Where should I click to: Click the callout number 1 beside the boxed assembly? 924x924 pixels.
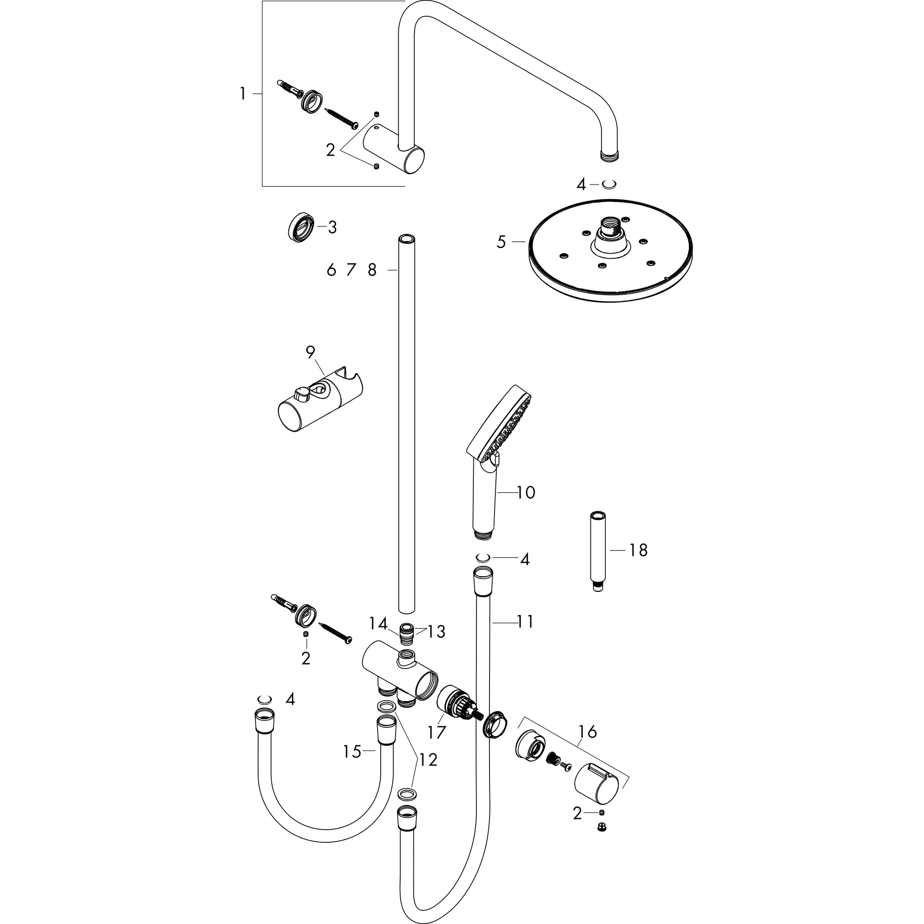click(243, 94)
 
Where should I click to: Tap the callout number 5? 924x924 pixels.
click(501, 242)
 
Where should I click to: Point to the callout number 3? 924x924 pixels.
click(332, 228)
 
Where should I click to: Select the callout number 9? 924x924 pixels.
click(310, 352)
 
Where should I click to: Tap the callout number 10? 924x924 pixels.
click(526, 493)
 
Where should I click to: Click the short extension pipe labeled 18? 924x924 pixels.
click(597, 551)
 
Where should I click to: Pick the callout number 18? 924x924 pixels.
click(638, 550)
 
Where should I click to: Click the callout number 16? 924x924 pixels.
click(587, 731)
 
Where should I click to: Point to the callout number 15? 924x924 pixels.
click(352, 752)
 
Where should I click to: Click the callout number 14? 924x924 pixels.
click(378, 624)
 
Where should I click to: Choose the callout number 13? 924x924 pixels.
click(436, 632)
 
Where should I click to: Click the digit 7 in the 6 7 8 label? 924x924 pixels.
click(351, 270)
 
